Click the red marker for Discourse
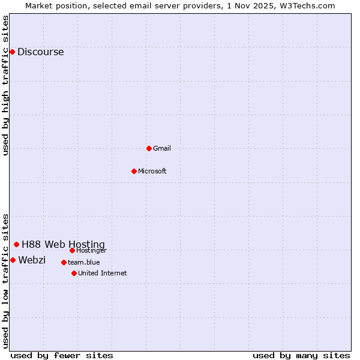click(12, 52)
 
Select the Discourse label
click(40, 52)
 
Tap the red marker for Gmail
click(149, 148)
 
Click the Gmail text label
click(162, 148)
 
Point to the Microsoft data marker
click(134, 171)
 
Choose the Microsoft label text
click(152, 171)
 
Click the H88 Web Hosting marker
click(16, 244)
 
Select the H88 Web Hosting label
click(63, 244)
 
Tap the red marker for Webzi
click(13, 260)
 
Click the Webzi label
click(32, 260)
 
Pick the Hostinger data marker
click(72, 250)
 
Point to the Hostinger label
click(92, 250)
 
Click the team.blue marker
click(64, 262)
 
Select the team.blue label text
click(84, 262)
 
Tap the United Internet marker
click(74, 273)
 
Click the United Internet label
click(103, 273)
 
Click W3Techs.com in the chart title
click(309, 5)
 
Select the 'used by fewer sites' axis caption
click(62, 355)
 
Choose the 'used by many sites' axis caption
click(301, 355)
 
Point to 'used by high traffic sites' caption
click(5, 85)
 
